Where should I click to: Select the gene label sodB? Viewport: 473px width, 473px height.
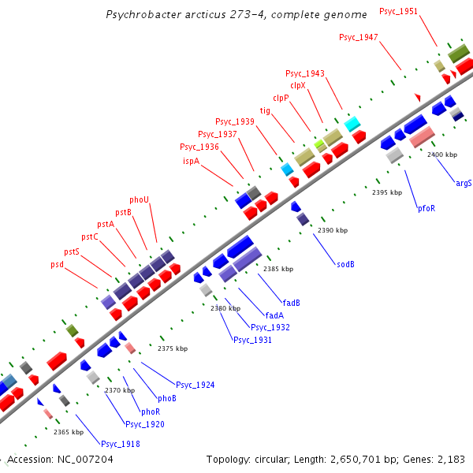[345, 264]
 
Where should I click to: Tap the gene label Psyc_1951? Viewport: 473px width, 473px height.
[398, 12]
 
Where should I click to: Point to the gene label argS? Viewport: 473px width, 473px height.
[464, 183]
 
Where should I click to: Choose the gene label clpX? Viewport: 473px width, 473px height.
[297, 85]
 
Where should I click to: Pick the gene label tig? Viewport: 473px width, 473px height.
[265, 111]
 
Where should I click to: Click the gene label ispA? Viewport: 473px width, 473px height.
[192, 161]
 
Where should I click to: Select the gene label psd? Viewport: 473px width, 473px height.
[57, 264]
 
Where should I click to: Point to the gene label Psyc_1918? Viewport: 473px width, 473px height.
[121, 444]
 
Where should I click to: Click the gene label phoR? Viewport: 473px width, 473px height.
[151, 412]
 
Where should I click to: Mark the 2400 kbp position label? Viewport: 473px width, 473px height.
[441, 155]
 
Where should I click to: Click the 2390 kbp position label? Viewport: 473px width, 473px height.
[332, 231]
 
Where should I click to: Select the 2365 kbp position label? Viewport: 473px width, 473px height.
[68, 432]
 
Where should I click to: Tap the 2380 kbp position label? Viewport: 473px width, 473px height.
[225, 308]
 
